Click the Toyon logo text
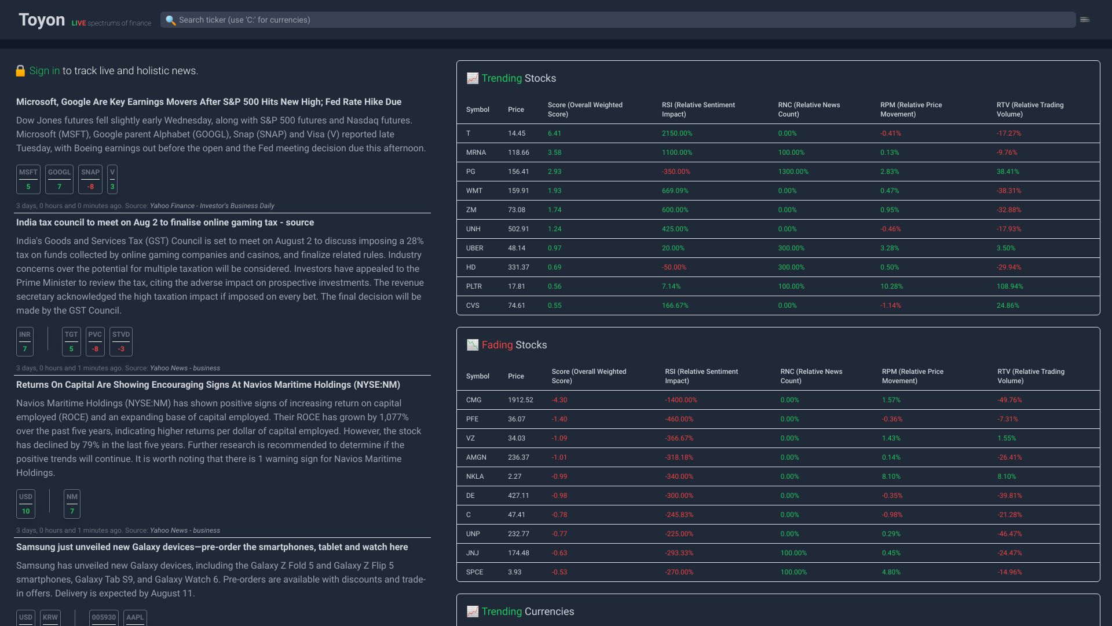42,20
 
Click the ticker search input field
617,20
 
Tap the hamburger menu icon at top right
1085,20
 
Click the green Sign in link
45,71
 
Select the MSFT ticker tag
28,179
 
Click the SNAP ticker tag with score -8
90,179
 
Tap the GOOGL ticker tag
59,179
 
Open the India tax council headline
165,223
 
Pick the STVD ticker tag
121,341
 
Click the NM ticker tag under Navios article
72,504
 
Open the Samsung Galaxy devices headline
212,547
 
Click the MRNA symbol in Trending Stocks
476,152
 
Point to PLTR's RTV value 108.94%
1009,286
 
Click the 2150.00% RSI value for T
677,133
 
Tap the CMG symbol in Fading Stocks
474,400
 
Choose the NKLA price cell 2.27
514,476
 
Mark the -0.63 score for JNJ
559,553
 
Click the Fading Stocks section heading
514,345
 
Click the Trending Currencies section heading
527,612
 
